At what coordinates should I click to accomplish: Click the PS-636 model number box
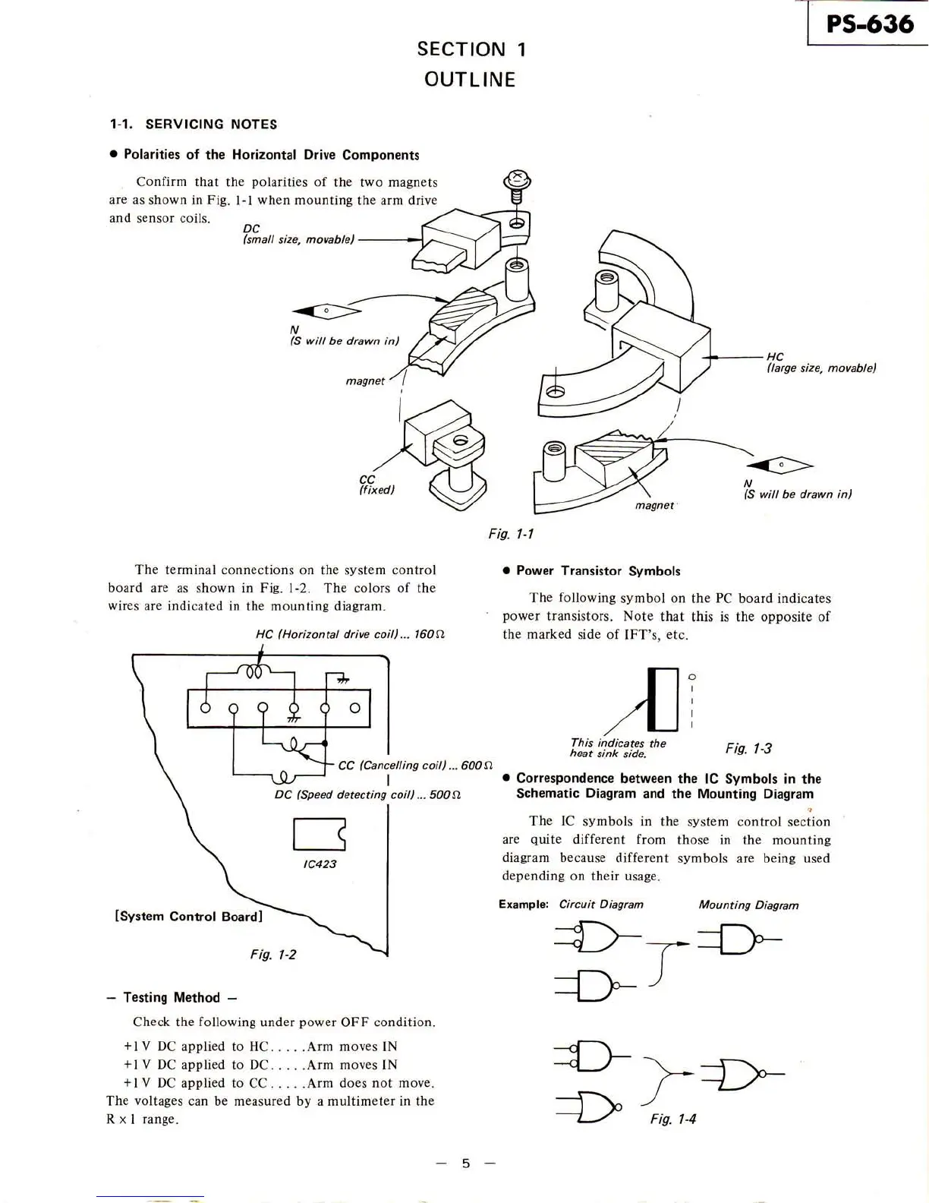tap(869, 24)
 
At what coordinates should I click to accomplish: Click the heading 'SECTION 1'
tap(471, 49)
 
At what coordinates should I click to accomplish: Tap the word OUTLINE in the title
tap(470, 80)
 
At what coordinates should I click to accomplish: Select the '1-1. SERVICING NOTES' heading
tap(194, 124)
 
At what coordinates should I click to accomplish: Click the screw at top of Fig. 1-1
tap(517, 182)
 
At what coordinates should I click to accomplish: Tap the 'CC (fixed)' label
tap(376, 485)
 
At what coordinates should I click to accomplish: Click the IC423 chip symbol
tap(320, 834)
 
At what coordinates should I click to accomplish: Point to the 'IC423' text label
tap(320, 864)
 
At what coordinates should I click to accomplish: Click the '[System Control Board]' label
tap(187, 916)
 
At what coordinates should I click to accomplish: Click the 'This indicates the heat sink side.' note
tap(618, 748)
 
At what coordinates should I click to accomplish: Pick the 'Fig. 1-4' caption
tap(673, 1119)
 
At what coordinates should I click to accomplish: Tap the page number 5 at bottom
tap(466, 1164)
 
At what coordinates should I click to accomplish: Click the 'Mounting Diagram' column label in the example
tap(748, 905)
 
